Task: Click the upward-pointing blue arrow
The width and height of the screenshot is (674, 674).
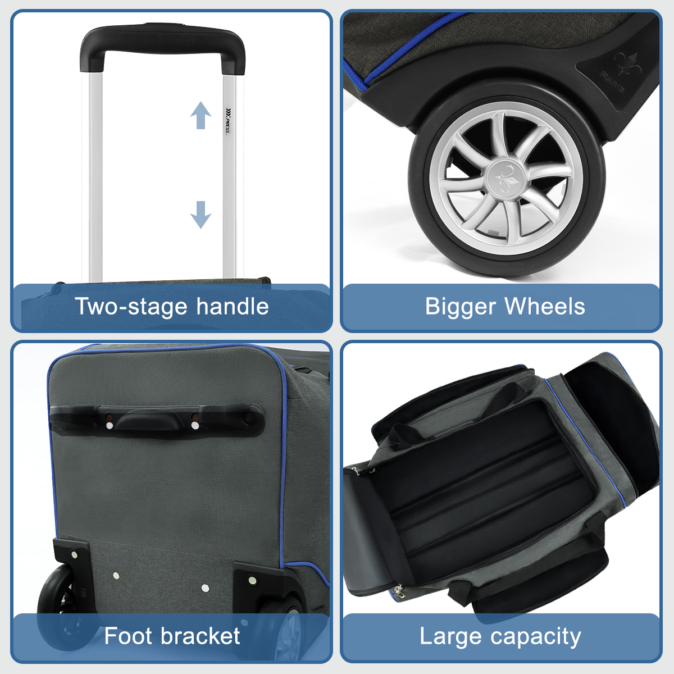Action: (201, 115)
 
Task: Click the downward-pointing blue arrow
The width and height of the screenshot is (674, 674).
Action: (201, 215)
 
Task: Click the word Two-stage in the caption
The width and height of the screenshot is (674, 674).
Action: (132, 307)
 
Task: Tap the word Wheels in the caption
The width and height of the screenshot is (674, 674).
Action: (545, 306)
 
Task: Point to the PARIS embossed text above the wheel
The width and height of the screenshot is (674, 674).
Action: (612, 81)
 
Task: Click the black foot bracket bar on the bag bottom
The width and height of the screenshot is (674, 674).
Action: (157, 420)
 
